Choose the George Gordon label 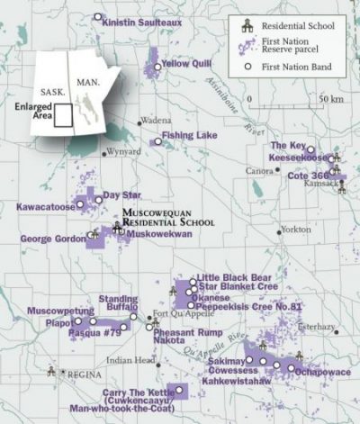pyautogui.click(x=52, y=239)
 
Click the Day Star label pyautogui.click(x=122, y=194)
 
